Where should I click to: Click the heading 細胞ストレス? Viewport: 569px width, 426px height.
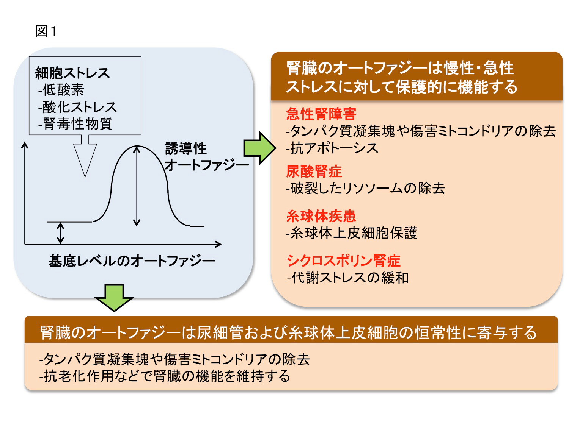(x=72, y=73)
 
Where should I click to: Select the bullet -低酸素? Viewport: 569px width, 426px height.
(x=61, y=90)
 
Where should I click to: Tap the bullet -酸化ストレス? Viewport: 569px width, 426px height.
(x=77, y=107)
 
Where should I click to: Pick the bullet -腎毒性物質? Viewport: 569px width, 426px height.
(x=75, y=124)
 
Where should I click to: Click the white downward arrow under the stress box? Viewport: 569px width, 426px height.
(x=85, y=156)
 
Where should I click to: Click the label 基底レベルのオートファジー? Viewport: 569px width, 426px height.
(x=132, y=261)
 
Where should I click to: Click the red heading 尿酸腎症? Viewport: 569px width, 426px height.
(x=314, y=172)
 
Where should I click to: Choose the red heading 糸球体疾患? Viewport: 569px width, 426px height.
(x=321, y=216)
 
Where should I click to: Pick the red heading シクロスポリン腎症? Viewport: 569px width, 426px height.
(x=343, y=261)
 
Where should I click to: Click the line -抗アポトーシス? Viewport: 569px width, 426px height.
(x=332, y=148)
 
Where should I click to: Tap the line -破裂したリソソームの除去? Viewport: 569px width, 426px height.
(x=366, y=188)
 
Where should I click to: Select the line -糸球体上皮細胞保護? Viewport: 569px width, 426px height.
(x=352, y=233)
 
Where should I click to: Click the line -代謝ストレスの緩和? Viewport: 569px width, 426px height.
(x=348, y=278)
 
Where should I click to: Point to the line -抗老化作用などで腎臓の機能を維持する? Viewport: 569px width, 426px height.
(x=165, y=376)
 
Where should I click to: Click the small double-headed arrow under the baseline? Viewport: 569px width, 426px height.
(x=60, y=233)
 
